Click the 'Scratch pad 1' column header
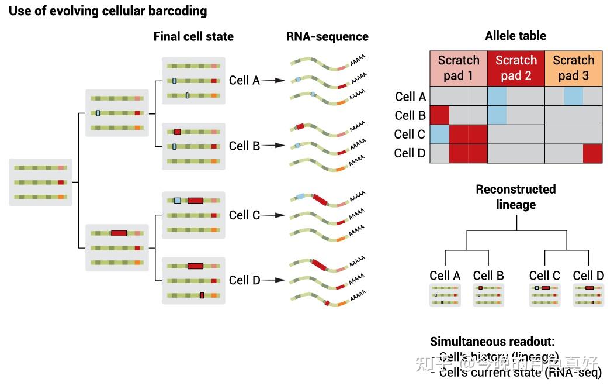[x=459, y=68]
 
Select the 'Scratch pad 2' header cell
[x=516, y=68]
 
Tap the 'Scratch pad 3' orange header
[x=573, y=68]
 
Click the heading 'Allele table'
[x=515, y=36]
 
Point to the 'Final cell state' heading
[x=193, y=36]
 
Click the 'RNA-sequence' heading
[x=327, y=36]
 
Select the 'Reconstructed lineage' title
[x=515, y=197]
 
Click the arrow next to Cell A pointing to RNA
[x=273, y=81]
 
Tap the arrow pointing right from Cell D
[x=273, y=280]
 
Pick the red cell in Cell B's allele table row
[x=439, y=115]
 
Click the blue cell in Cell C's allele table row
[x=439, y=134]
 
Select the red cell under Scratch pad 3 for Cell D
[x=592, y=153]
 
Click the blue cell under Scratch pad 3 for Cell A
[x=573, y=96]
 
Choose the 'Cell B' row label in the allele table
[x=410, y=115]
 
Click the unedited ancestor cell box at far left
[x=40, y=182]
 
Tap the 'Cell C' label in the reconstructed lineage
[x=544, y=276]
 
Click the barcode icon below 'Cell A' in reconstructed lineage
[x=445, y=295]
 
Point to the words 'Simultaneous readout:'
[x=492, y=342]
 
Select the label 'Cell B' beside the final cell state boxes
[x=244, y=146]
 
